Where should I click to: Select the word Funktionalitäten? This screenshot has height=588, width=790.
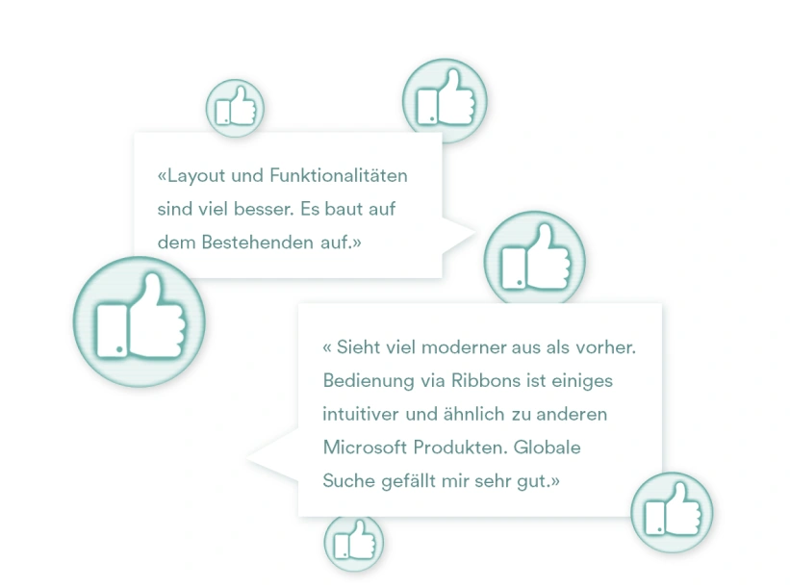tap(339, 175)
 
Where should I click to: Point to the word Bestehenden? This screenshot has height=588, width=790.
tap(258, 243)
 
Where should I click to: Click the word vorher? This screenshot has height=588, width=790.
tap(605, 347)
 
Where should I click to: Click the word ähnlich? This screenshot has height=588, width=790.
tap(473, 414)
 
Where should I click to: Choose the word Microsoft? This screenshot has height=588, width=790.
tap(365, 447)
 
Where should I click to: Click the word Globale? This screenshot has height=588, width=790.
tap(548, 447)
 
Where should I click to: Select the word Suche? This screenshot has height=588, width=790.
tap(348, 480)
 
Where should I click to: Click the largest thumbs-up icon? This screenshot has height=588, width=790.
tap(140, 321)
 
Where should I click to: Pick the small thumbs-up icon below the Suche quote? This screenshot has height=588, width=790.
tap(354, 543)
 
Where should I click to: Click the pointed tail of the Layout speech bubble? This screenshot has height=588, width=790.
tap(472, 233)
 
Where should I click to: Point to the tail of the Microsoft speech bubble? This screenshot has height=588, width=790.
tap(249, 458)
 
